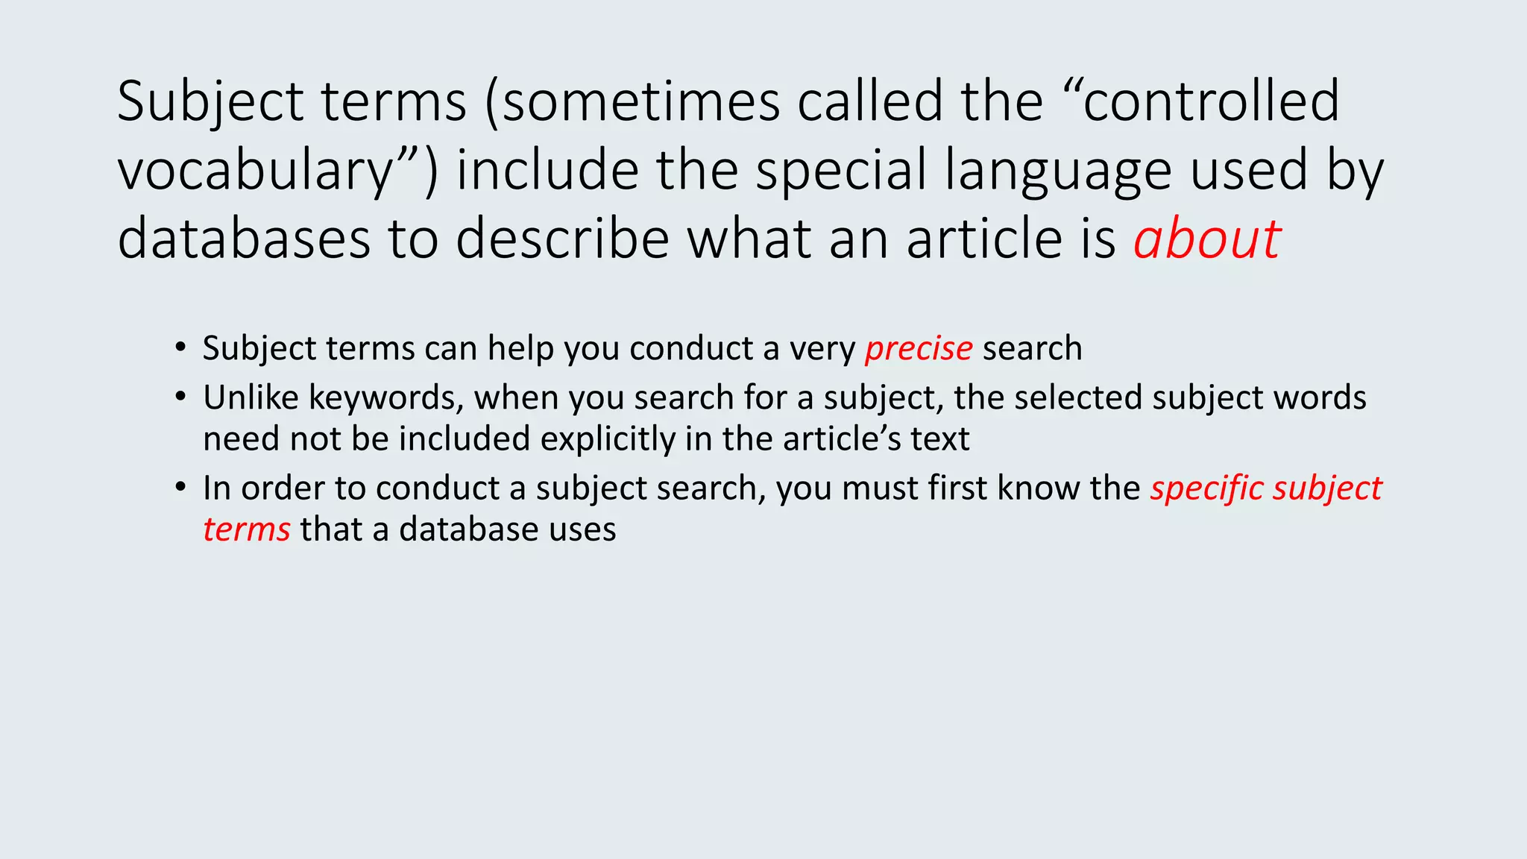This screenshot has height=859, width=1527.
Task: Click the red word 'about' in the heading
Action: coord(1206,239)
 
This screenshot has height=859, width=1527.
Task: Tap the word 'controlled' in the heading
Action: coord(1212,101)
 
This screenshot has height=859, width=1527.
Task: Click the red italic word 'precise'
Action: coord(919,349)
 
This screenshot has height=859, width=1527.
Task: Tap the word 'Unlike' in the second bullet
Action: coord(251,397)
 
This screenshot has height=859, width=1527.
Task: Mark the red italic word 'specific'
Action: coord(1206,489)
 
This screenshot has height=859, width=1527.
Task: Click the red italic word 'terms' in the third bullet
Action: coord(246,530)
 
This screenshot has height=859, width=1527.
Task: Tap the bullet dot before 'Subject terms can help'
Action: coord(180,347)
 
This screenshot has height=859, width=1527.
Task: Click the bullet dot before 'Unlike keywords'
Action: coord(180,397)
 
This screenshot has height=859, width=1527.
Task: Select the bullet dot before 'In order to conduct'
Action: coord(180,488)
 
